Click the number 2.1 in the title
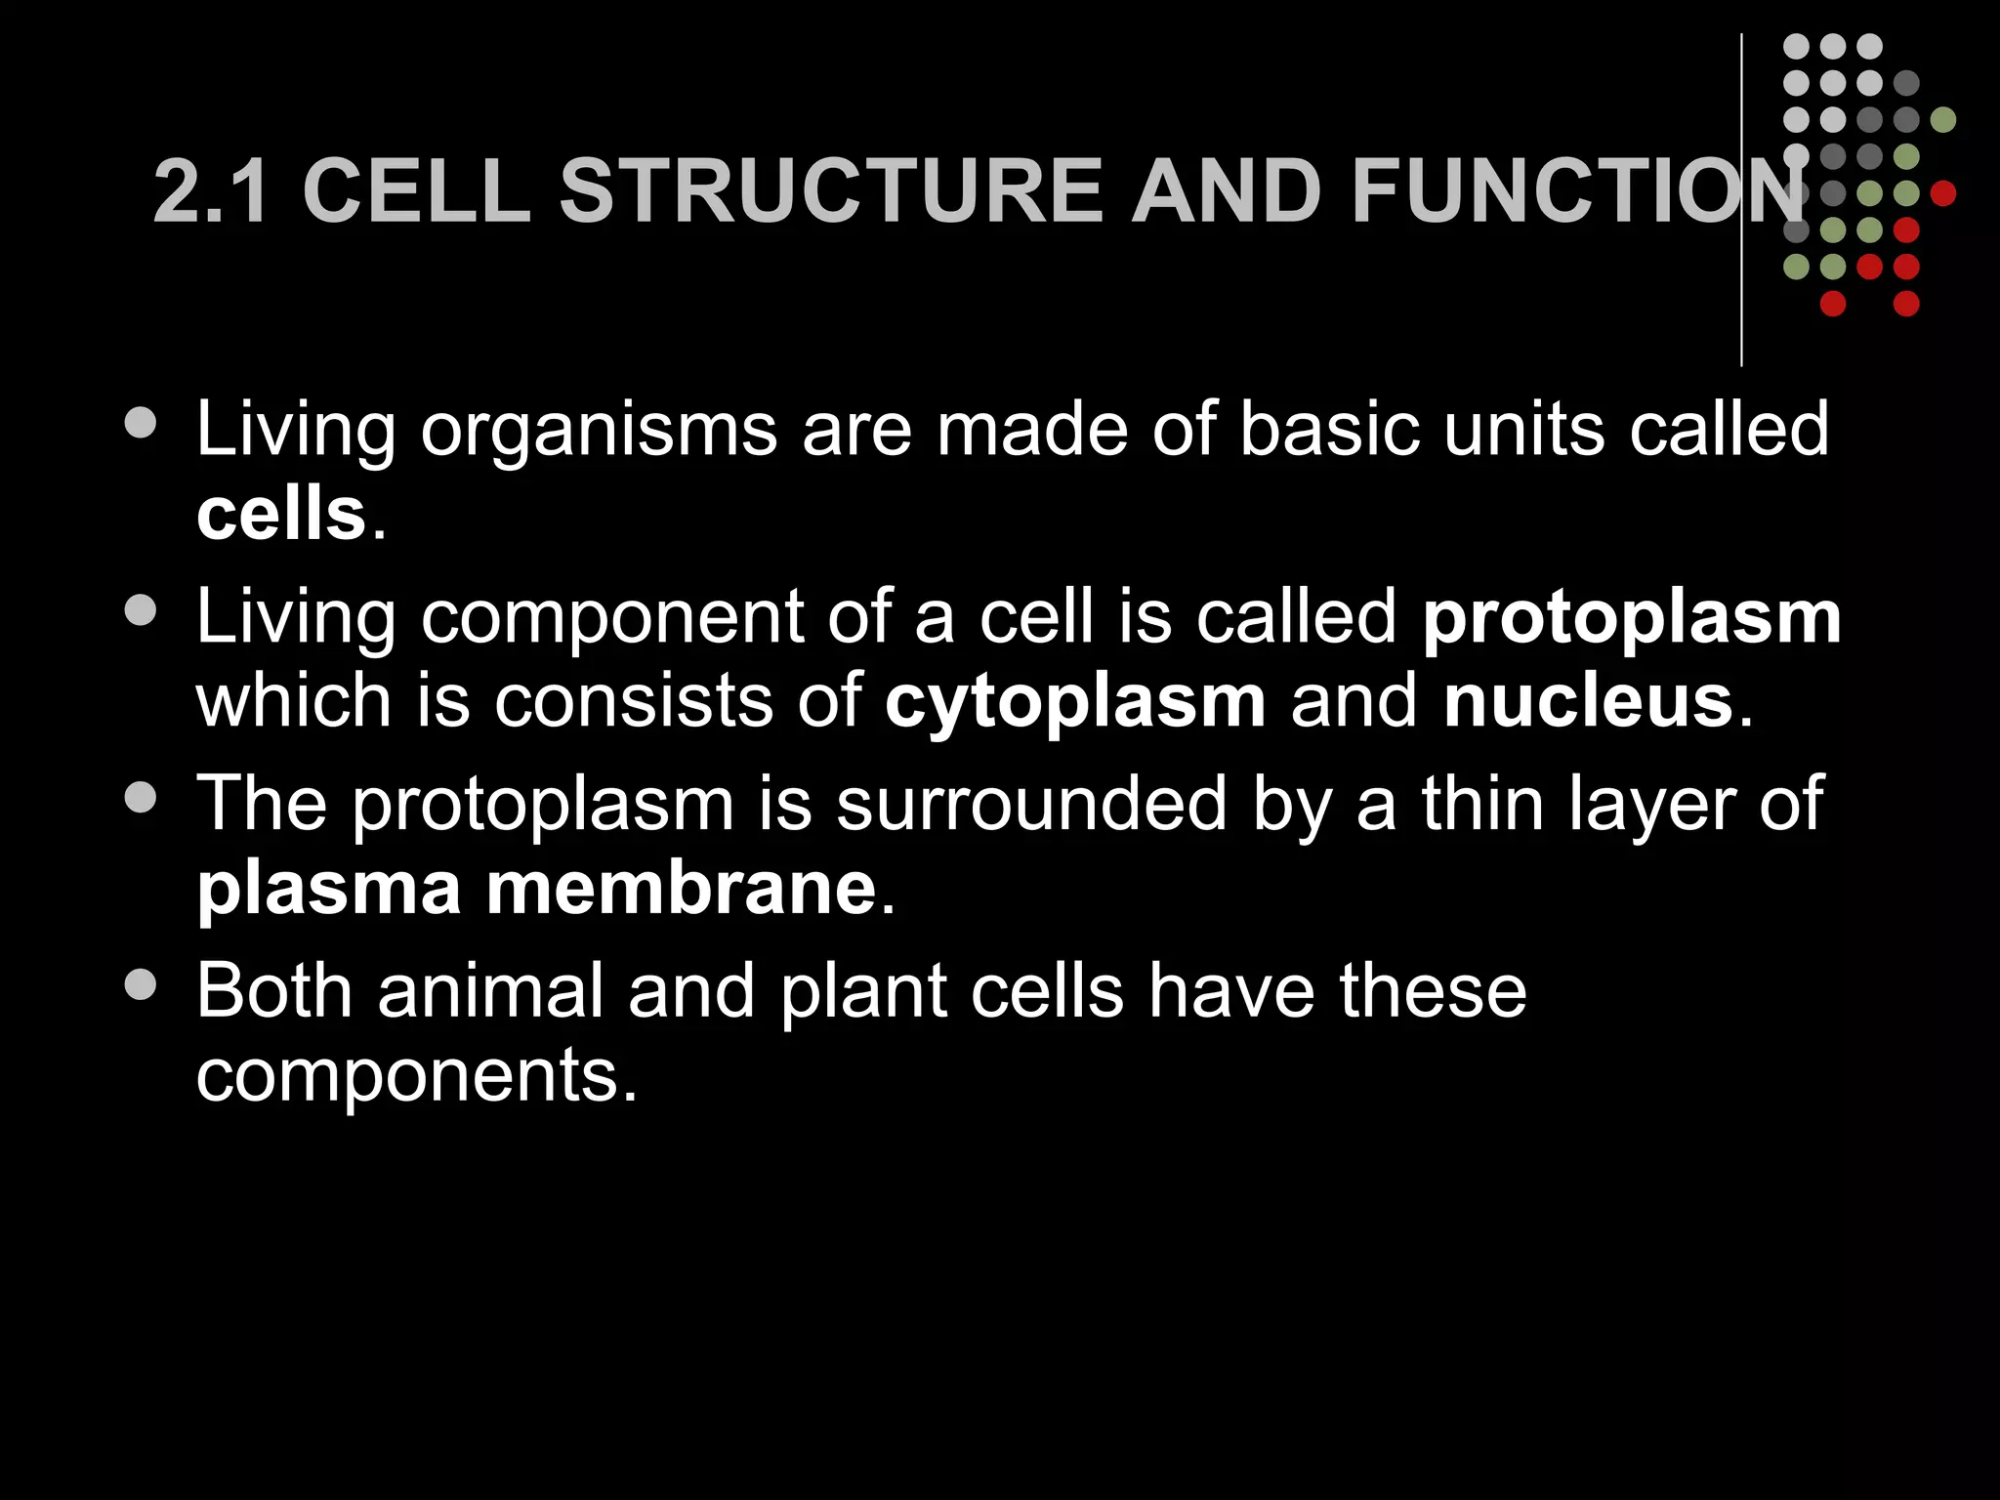point(211,191)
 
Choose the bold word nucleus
point(1588,701)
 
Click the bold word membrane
point(682,889)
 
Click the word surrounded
point(1031,805)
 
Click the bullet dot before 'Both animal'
point(142,984)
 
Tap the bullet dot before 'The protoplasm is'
point(142,797)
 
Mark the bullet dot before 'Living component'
point(142,610)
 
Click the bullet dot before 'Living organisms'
point(142,423)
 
